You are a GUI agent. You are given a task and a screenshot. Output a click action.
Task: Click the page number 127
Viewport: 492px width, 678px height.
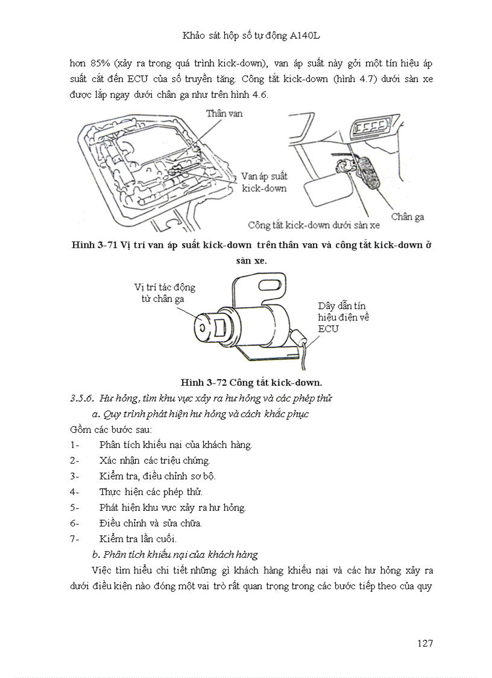[424, 643]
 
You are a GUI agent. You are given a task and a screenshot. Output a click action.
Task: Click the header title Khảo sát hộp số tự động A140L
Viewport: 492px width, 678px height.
[246, 36]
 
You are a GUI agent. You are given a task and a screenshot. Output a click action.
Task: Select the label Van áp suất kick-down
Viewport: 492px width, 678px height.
[264, 182]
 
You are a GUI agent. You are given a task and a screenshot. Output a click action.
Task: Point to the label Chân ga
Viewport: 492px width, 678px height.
[407, 216]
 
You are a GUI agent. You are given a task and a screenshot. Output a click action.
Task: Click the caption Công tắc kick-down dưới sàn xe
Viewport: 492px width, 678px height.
[314, 225]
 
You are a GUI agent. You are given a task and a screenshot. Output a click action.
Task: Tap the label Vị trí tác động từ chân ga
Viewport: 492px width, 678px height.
[164, 293]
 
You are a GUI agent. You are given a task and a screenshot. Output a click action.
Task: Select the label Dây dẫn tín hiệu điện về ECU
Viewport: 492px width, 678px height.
[342, 318]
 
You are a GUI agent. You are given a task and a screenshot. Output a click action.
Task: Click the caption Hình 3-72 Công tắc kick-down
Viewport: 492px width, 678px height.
[251, 382]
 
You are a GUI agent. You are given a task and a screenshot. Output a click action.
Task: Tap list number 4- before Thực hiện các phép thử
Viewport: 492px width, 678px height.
[75, 491]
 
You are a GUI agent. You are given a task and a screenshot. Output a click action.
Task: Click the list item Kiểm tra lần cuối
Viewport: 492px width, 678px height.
[137, 539]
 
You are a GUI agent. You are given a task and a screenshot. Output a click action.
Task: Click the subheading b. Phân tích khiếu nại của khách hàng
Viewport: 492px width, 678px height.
[174, 554]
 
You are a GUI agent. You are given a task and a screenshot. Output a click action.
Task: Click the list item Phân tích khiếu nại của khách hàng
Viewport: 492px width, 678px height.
[175, 445]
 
